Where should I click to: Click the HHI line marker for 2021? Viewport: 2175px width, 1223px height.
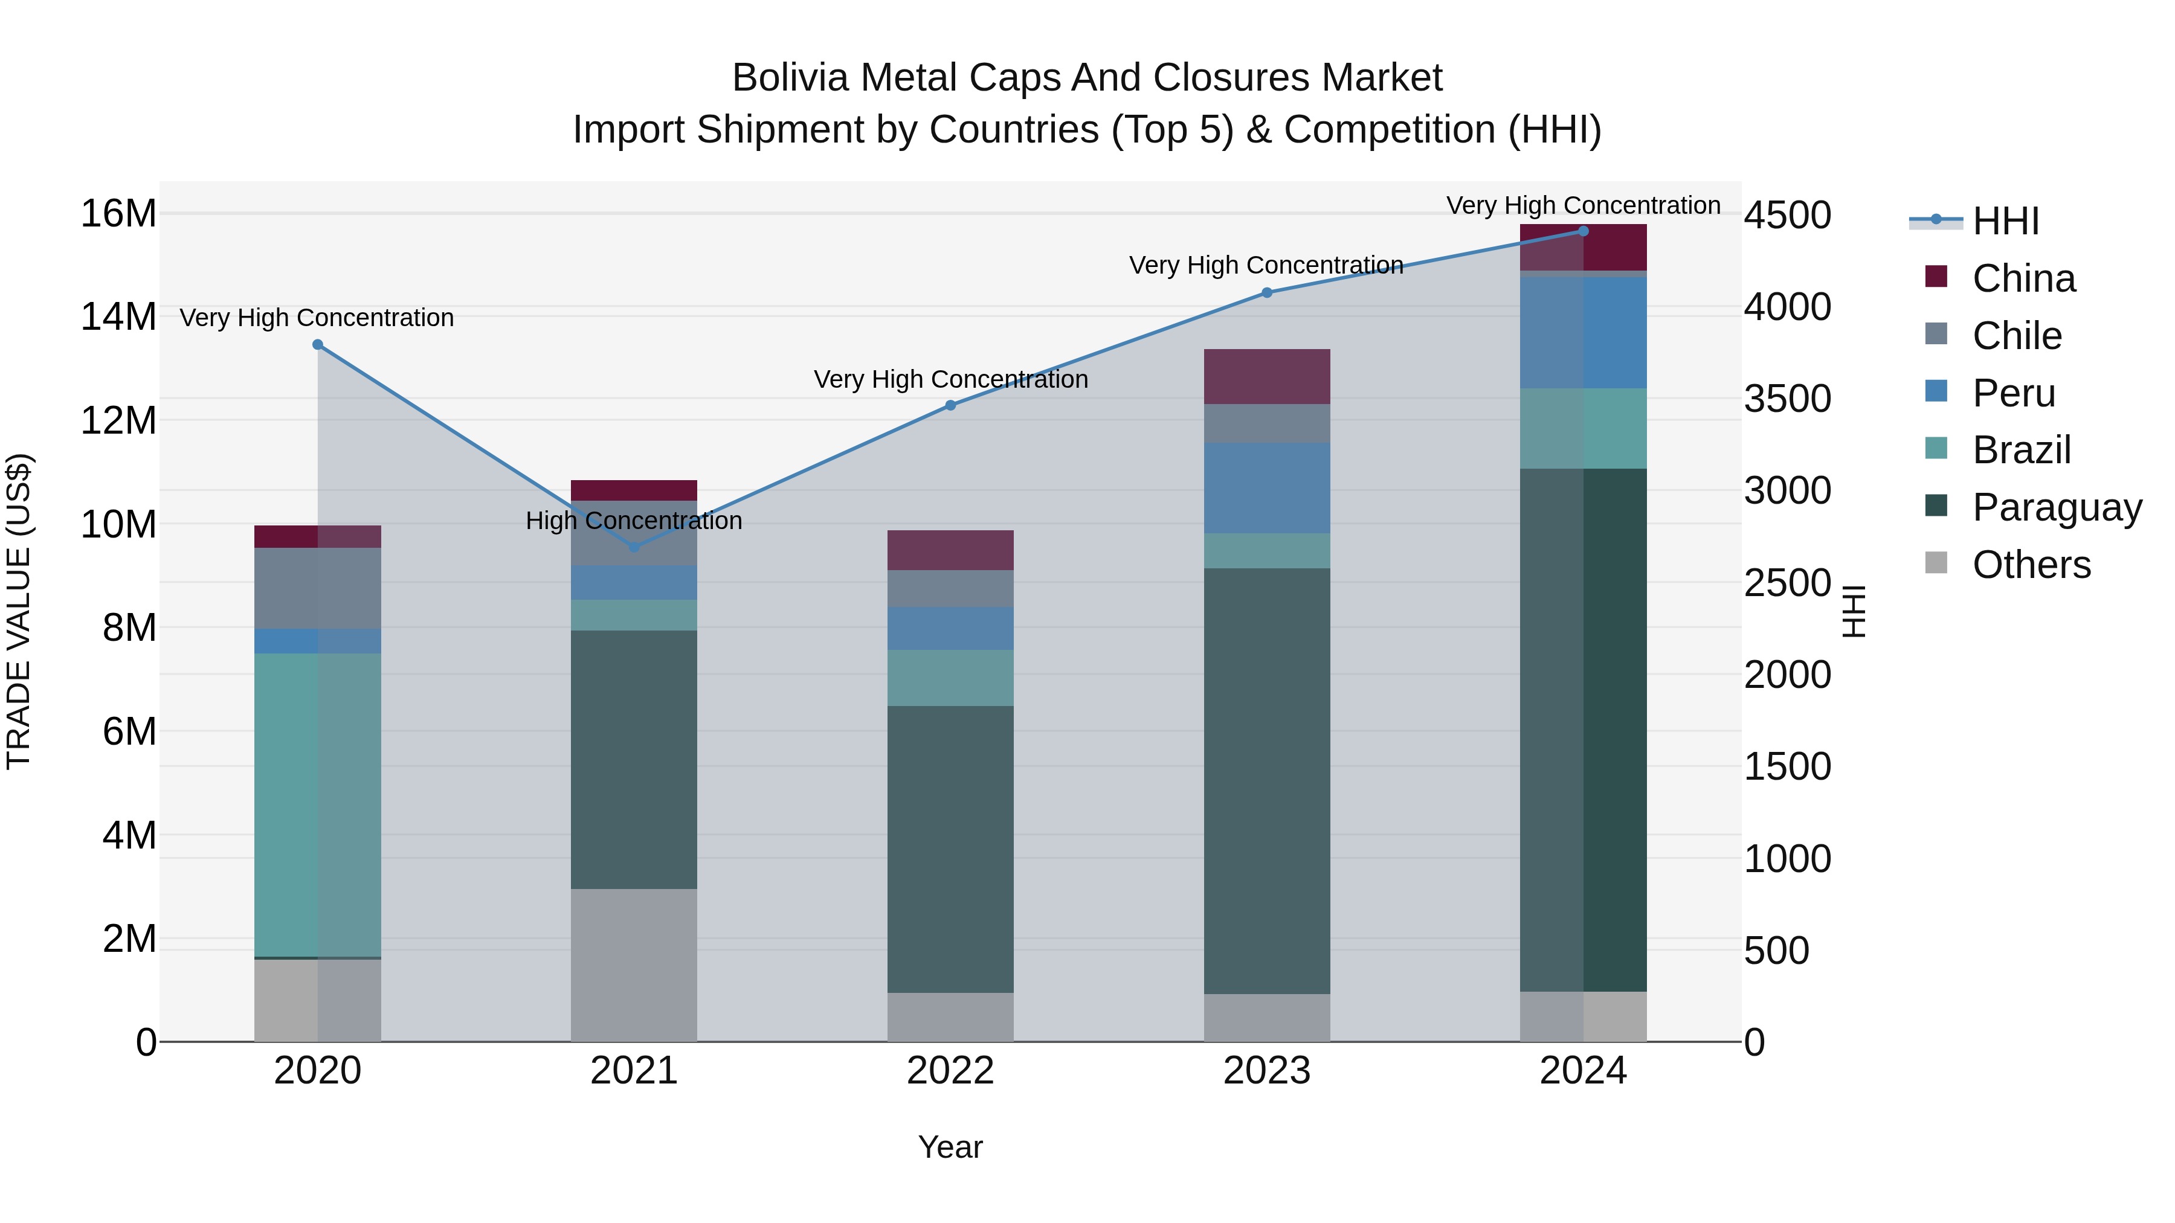(x=634, y=547)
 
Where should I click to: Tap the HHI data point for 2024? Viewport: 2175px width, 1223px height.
(x=1583, y=231)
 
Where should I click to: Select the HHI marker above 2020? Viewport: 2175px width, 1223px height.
(x=317, y=344)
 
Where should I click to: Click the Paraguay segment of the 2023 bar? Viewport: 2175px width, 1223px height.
(x=1266, y=781)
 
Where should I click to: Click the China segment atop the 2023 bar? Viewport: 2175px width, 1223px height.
(x=1266, y=376)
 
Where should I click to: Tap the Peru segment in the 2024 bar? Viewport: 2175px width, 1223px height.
(x=1583, y=333)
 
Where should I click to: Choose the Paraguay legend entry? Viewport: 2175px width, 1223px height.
(x=2057, y=507)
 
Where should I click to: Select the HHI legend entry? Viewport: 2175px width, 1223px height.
(x=2005, y=221)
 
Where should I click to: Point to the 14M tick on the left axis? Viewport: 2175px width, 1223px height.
(x=118, y=317)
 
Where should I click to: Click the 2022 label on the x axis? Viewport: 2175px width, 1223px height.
(x=950, y=1071)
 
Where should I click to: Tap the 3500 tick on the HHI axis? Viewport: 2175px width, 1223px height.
(x=1788, y=399)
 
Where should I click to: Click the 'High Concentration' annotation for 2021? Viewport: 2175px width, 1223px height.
(x=634, y=521)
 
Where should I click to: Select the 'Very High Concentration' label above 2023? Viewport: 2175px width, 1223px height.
(x=1266, y=265)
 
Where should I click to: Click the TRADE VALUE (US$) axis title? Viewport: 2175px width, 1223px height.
(x=19, y=611)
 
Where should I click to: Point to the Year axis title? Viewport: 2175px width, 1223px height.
(x=950, y=1147)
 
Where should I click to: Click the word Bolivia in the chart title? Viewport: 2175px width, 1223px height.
(x=790, y=78)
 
